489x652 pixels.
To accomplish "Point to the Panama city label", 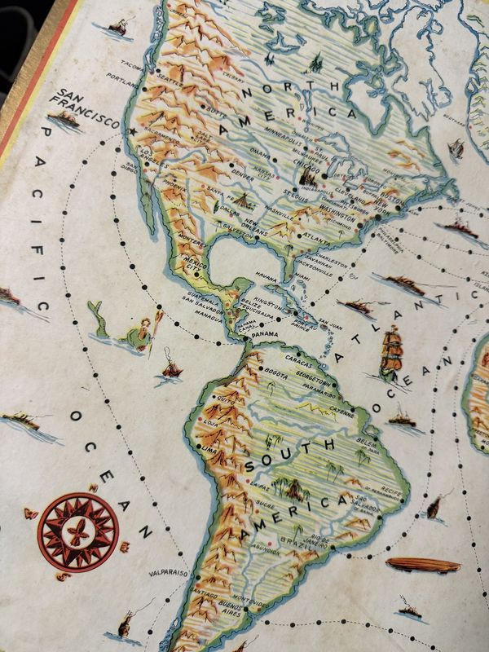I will point(266,335).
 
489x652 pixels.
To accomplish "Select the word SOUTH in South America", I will point(289,456).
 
